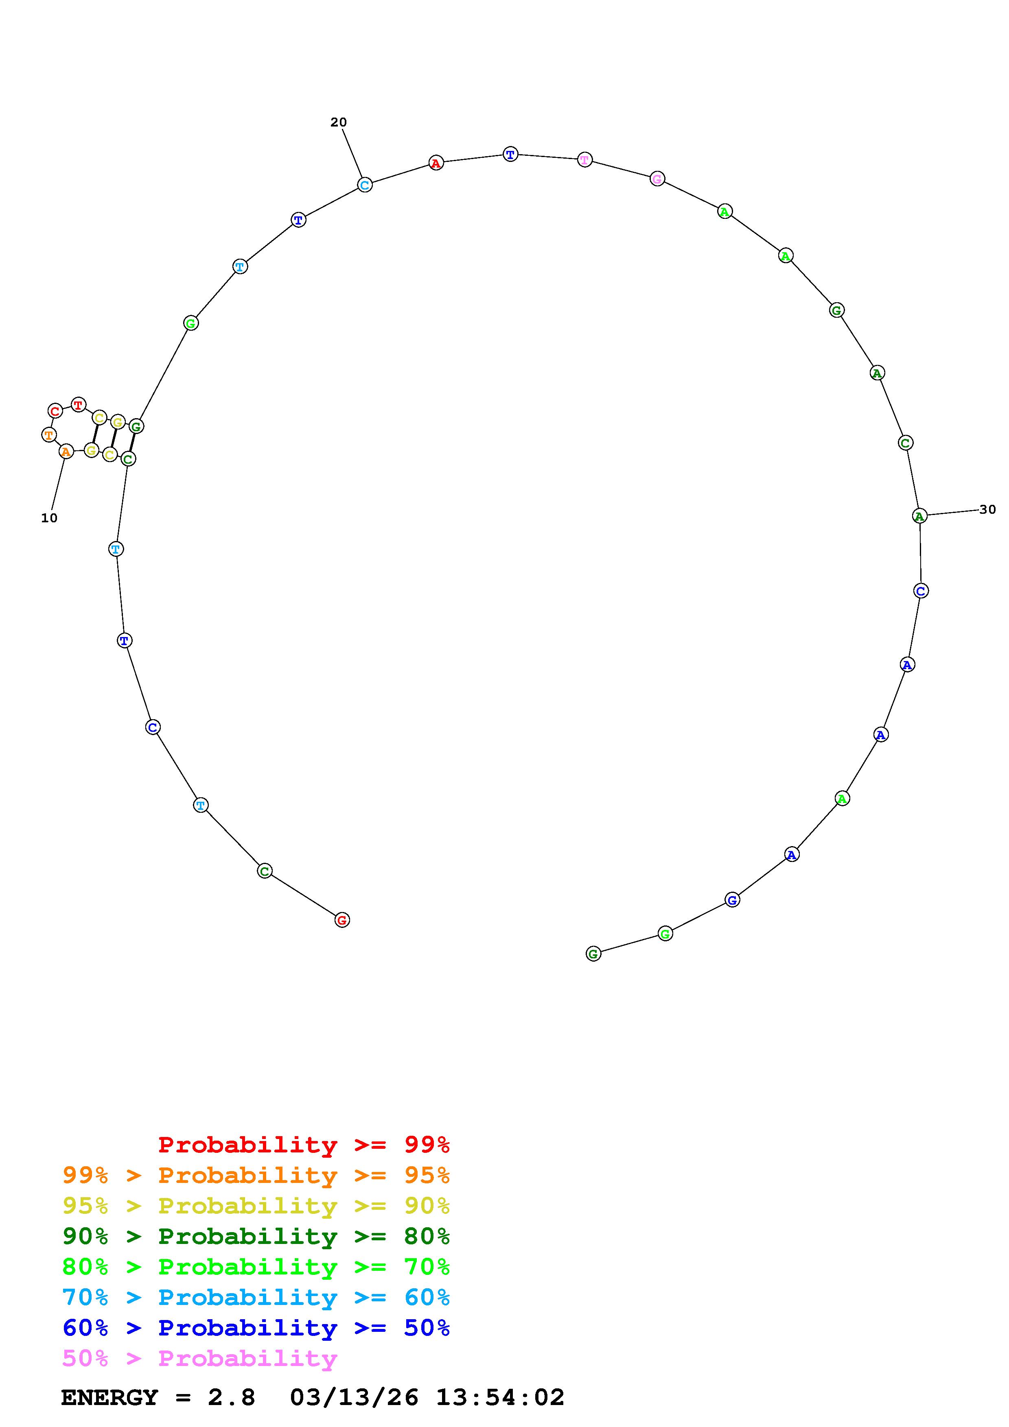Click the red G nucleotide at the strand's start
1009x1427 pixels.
tap(342, 920)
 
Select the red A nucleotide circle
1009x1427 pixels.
tap(436, 163)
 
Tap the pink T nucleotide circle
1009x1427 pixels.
tap(584, 160)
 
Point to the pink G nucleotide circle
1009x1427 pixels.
tap(657, 179)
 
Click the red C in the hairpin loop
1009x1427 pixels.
tap(55, 411)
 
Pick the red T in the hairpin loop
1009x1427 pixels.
tap(78, 405)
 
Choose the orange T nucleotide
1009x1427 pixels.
tap(49, 434)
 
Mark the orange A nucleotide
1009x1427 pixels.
tap(66, 451)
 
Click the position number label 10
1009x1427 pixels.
tap(49, 518)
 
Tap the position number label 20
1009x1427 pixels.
tap(338, 122)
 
